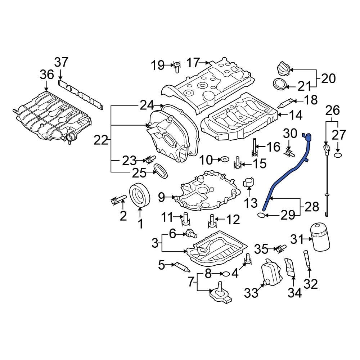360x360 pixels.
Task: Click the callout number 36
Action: (46, 75)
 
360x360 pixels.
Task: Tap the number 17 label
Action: (193, 63)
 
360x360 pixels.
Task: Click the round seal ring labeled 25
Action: (161, 171)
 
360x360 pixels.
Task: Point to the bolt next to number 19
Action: (177, 67)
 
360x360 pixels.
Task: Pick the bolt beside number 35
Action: (280, 248)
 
